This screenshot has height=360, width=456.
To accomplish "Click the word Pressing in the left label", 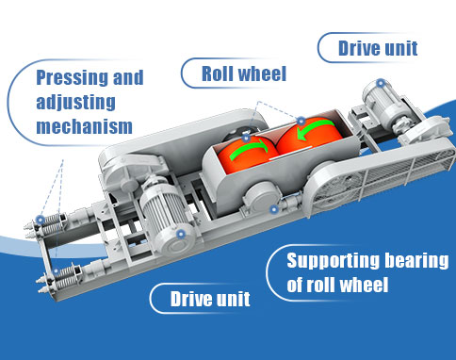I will click(70, 78).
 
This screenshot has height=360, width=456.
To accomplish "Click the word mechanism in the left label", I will click(80, 125).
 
